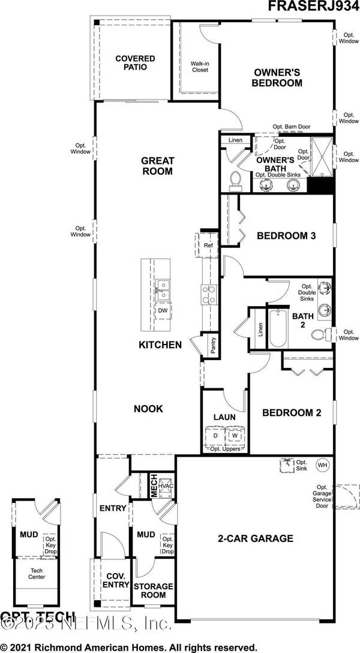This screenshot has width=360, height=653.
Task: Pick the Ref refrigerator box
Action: point(208,245)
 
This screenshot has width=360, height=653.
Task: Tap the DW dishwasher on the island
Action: point(163,310)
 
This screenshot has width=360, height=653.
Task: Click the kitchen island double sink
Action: point(163,289)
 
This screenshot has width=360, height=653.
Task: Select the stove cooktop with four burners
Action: point(208,295)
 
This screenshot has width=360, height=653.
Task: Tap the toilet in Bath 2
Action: point(322,334)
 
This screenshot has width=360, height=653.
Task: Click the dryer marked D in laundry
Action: point(214,436)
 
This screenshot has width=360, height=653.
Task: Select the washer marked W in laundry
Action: point(235,436)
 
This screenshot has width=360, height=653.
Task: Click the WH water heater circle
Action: point(322,465)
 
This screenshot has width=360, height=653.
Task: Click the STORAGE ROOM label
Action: point(153,590)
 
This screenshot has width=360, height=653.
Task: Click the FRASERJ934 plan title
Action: point(313,7)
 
